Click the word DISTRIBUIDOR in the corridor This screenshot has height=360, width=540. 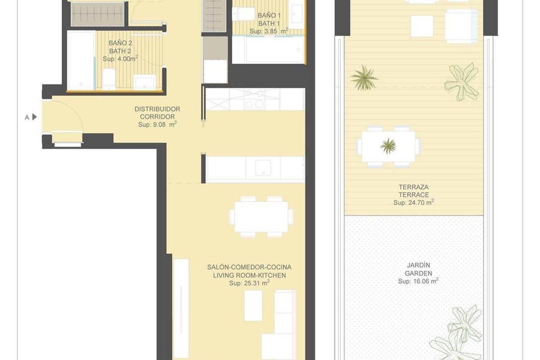(157, 109)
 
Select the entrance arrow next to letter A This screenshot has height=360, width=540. (35, 117)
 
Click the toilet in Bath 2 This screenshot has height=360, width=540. (109, 79)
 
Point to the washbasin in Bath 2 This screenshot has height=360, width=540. (144, 82)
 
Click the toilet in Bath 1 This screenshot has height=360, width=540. (243, 14)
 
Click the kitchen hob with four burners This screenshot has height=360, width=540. (255, 99)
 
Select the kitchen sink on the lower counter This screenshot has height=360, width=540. (263, 168)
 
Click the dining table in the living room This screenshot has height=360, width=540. (261, 217)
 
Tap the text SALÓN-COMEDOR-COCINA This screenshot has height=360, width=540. (249, 267)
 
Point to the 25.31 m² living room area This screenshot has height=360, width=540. (249, 283)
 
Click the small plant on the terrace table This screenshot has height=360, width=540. (388, 146)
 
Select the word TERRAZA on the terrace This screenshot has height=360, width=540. (414, 187)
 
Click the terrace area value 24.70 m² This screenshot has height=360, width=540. (414, 202)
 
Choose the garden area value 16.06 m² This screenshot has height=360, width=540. (418, 281)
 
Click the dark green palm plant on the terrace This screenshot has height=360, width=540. (364, 78)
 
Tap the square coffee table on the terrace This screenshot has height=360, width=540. (422, 26)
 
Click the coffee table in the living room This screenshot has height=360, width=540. (253, 306)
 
